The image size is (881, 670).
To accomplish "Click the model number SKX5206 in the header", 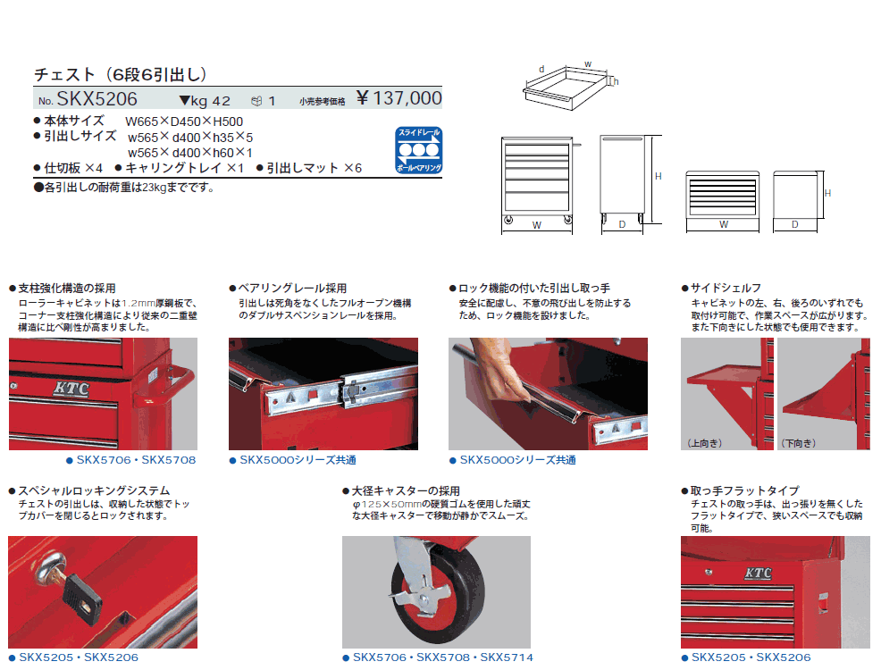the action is (x=96, y=99).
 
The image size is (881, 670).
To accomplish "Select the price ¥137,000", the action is (x=399, y=98).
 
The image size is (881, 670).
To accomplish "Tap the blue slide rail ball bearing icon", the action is (x=418, y=150).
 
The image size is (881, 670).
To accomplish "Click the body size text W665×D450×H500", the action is (x=184, y=121).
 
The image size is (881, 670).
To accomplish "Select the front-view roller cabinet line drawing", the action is (x=537, y=185).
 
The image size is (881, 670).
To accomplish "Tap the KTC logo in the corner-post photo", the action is (x=71, y=389).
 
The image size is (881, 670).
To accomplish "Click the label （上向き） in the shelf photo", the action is (x=705, y=443).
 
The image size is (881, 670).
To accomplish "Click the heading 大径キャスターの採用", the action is (x=406, y=490).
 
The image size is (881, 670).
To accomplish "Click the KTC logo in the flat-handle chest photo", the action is (x=758, y=574).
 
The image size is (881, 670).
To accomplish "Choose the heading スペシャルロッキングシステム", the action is (x=94, y=490).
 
